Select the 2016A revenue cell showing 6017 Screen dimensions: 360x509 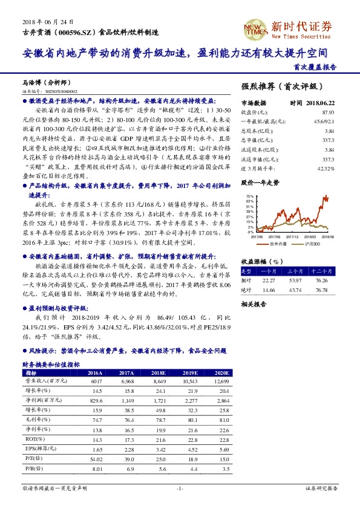click(96, 383)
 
